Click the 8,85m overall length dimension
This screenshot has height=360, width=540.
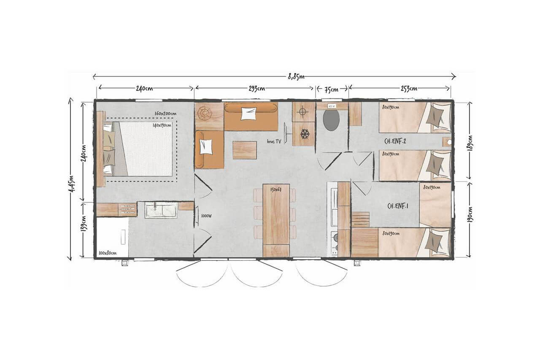296,77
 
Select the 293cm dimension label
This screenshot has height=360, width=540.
257,89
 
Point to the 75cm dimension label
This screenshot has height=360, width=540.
332,90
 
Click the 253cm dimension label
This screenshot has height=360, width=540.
409,89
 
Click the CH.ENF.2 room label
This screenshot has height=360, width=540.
395,141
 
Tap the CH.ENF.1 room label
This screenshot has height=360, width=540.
398,206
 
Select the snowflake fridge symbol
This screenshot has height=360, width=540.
305,134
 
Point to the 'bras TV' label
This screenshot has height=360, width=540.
274,141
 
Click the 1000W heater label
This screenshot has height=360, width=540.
206,216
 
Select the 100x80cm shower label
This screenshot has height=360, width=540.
108,253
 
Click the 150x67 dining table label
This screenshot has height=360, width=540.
276,190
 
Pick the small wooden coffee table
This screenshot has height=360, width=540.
244,150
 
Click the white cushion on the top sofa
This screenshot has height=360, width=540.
248,114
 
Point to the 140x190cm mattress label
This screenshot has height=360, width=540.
162,125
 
